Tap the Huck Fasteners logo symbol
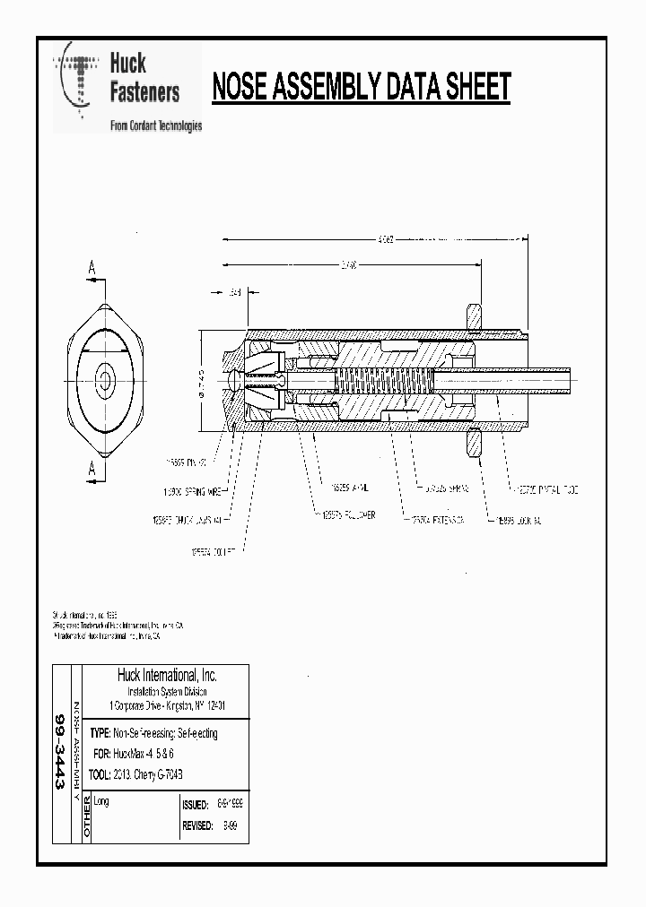pos(78,80)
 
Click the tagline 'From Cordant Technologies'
pos(155,125)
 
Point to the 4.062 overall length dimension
pos(384,240)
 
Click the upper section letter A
pos(91,267)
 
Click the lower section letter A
pos(91,468)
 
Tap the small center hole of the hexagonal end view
pos(105,380)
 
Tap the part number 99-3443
pos(60,753)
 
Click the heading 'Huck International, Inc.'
pos(167,675)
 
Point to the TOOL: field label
pos(100,773)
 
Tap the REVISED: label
pos(197,825)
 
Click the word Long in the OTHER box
pos(101,801)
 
